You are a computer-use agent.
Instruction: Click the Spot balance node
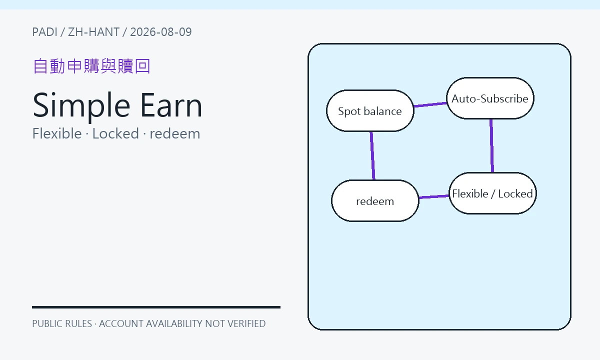click(x=370, y=110)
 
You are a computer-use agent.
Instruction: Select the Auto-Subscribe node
click(x=490, y=98)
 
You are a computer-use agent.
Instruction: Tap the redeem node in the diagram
click(x=375, y=201)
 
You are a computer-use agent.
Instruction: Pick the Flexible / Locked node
click(x=492, y=193)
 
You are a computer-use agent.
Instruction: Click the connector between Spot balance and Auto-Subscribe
click(x=430, y=104)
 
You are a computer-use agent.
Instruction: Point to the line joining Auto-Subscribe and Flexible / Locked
click(x=491, y=145)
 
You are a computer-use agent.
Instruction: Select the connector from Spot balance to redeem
click(x=372, y=155)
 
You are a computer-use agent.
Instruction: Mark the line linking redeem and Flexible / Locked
click(x=434, y=197)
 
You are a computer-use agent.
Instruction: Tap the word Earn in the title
click(x=171, y=105)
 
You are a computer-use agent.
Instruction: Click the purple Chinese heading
click(x=91, y=66)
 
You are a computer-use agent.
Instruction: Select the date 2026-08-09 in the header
click(x=161, y=32)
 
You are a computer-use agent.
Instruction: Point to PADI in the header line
click(x=44, y=32)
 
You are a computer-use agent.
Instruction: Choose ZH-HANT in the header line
click(x=94, y=32)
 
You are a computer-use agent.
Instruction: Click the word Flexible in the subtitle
click(x=57, y=133)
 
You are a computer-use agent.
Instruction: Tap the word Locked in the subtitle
click(x=115, y=133)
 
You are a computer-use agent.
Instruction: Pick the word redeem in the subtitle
click(x=175, y=133)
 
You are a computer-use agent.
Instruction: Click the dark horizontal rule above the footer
click(x=156, y=307)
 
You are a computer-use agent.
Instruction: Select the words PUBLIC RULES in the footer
click(x=62, y=323)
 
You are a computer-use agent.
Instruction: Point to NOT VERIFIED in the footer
click(x=235, y=323)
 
